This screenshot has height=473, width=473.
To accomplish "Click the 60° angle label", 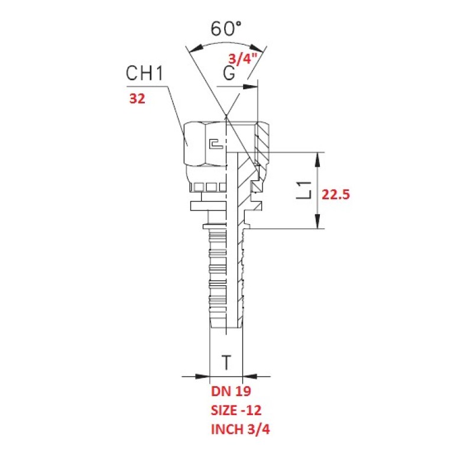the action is (x=226, y=29).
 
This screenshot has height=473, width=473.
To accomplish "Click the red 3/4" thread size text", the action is (x=243, y=59).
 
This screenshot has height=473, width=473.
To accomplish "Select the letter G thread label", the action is (x=229, y=73).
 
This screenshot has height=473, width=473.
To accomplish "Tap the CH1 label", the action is (x=144, y=73).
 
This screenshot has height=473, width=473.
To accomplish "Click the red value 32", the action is (x=137, y=99).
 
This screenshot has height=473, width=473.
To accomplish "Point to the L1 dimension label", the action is (x=303, y=190).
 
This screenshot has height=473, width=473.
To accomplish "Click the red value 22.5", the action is (x=336, y=195).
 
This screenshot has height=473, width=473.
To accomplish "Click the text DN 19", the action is (x=231, y=391).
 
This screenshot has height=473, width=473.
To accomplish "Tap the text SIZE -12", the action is (x=236, y=410).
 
